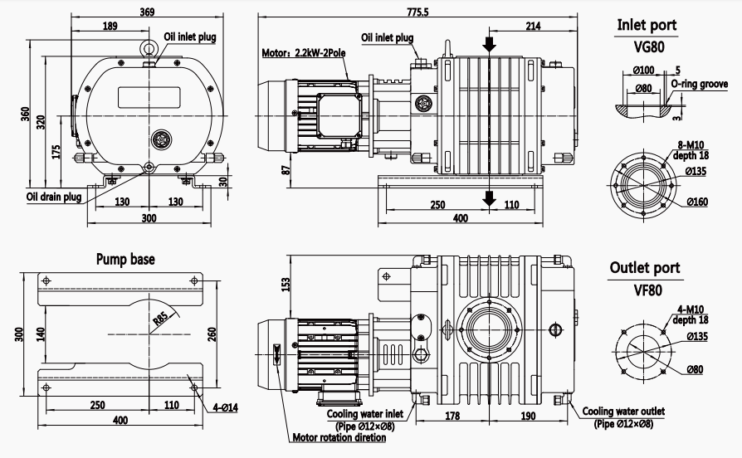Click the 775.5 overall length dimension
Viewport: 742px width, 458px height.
(x=417, y=12)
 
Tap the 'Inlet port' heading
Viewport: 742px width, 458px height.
(x=647, y=25)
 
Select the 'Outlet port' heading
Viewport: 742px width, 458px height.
(x=645, y=268)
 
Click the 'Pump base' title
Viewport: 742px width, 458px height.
(x=125, y=259)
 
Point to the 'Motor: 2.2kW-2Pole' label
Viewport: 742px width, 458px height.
(x=304, y=52)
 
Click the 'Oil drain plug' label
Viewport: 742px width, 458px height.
(x=54, y=197)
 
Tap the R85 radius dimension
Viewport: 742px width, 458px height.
(x=161, y=318)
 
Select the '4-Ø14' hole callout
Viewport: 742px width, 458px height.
(x=225, y=407)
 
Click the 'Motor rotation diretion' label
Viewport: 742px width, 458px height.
(x=339, y=437)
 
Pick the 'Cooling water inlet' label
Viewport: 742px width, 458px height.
(x=365, y=414)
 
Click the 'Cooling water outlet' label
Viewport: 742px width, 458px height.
(x=623, y=412)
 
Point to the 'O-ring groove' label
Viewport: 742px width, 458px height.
(x=700, y=85)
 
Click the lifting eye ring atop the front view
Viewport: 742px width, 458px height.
(x=149, y=48)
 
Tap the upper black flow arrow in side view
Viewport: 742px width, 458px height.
(x=490, y=45)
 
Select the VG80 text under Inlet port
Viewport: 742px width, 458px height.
(x=649, y=46)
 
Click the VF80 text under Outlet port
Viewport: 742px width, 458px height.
(x=648, y=290)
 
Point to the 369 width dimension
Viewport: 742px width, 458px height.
(x=147, y=12)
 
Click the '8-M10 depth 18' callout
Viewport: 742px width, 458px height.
(x=691, y=150)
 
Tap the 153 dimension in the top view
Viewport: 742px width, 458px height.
(x=286, y=284)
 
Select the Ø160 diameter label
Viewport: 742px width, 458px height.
(x=697, y=202)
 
